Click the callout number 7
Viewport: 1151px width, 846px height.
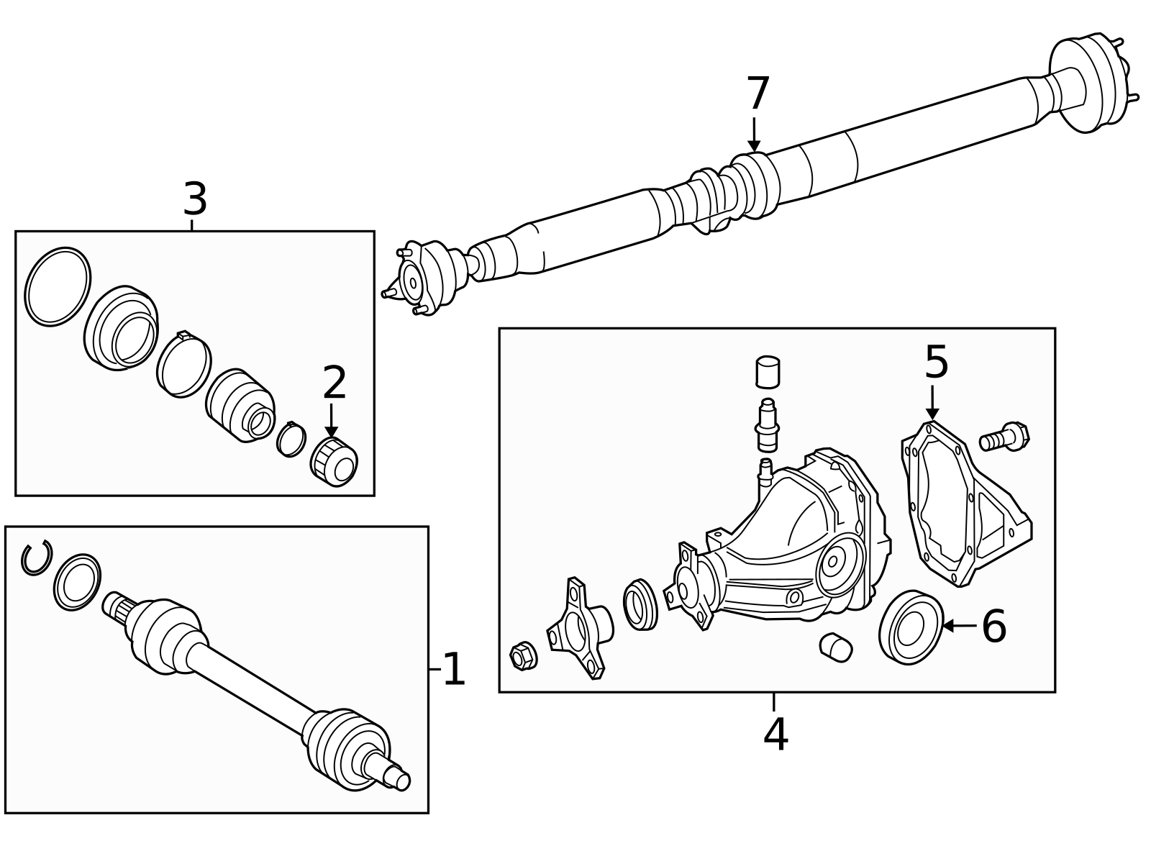click(758, 93)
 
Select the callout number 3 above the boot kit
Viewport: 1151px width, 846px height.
click(195, 199)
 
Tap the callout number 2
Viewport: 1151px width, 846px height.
click(335, 383)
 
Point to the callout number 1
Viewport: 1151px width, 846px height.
click(454, 669)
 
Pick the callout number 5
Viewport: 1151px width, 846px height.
click(936, 363)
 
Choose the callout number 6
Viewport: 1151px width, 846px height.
click(994, 626)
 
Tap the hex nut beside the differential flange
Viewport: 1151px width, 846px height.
click(524, 656)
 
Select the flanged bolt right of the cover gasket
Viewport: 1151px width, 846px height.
click(1004, 438)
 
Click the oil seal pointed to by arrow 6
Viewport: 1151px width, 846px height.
click(911, 627)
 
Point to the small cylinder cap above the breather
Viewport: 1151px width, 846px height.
click(768, 372)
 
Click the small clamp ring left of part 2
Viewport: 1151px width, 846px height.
click(291, 439)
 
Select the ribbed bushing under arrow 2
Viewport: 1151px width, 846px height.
click(334, 462)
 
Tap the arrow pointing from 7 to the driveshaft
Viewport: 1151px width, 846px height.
click(754, 135)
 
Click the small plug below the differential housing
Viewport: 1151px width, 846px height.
click(836, 647)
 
